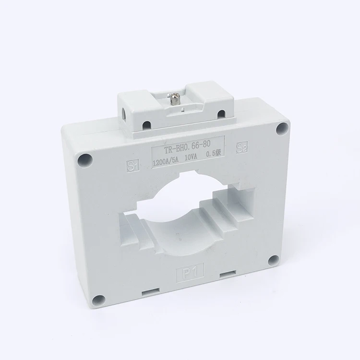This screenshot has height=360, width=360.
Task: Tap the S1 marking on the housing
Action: click(132, 165)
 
